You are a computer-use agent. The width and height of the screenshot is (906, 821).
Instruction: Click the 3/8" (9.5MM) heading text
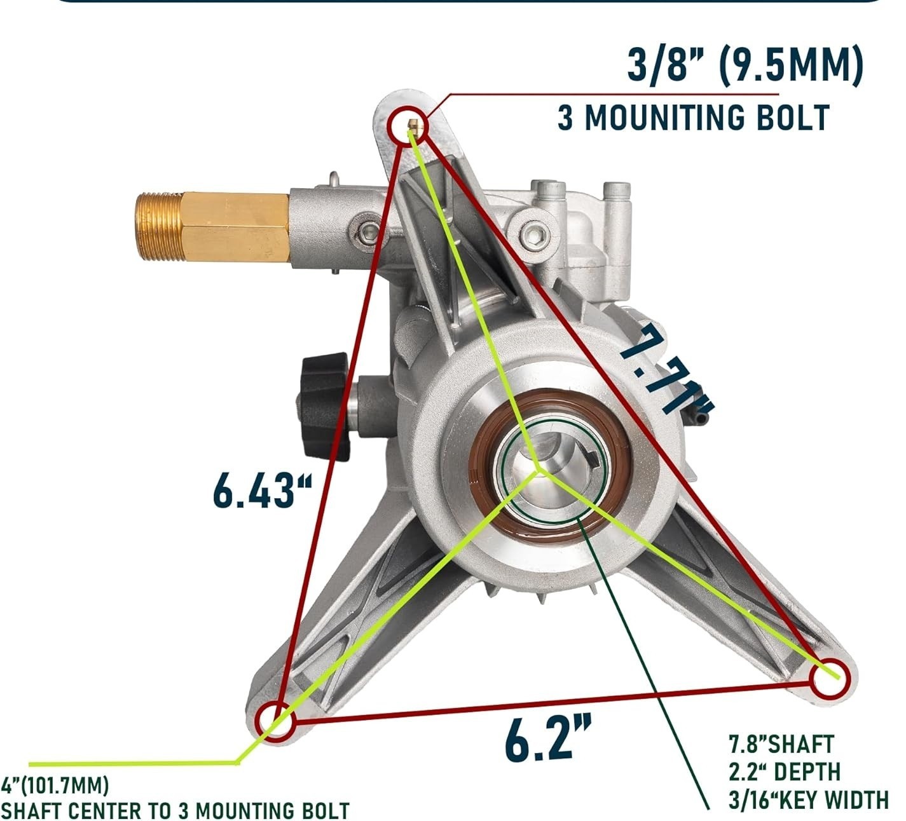[x=745, y=65]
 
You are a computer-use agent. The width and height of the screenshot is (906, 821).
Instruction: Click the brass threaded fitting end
[x=160, y=227]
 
